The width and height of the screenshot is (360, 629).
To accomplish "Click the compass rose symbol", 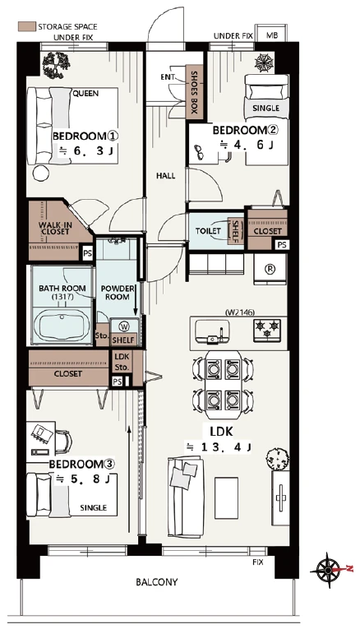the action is coord(329,570).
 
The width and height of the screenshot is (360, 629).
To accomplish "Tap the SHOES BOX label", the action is coord(194,93).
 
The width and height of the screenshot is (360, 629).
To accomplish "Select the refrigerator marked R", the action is coord(270,269).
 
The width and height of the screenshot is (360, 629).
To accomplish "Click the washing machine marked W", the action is coord(124,326).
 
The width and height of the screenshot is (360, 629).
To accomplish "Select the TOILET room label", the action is coord(208,231).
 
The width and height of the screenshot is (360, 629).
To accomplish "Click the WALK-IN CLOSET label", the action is coord(55,228).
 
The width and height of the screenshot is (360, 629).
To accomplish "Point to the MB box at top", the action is coord(272,35).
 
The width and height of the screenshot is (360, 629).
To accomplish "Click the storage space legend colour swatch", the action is coord(26,26).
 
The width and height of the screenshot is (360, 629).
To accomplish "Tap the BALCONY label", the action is coord(157,582).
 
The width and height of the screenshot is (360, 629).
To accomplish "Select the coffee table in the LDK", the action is coord(226,497).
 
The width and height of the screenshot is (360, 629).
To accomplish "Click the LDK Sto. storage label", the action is coord(122,362).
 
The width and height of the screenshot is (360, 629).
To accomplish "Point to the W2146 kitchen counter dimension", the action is coord(240,312).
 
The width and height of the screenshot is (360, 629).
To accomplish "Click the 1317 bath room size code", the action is coord(62,297).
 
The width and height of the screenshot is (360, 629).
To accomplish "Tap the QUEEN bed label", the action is coord(85,94).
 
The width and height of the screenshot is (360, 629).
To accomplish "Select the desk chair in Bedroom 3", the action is coord(64,441).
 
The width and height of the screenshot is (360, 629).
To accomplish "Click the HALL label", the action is coord(165,176).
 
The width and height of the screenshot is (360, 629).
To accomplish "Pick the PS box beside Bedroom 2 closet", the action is coord(282,244).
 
